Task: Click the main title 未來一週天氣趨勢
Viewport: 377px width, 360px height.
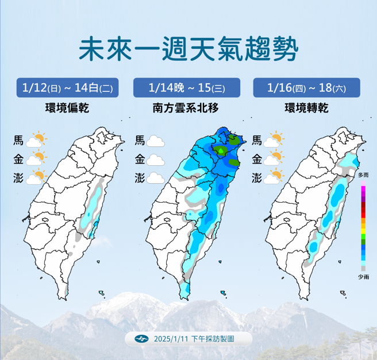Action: click(188, 50)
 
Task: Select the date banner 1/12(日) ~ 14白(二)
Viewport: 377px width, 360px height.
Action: click(67, 88)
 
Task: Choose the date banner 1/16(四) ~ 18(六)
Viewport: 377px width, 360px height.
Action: click(306, 88)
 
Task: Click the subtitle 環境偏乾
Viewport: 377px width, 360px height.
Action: click(67, 107)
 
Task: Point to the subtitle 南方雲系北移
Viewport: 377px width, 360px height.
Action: click(186, 107)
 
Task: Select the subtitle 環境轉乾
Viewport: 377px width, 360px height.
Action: click(306, 107)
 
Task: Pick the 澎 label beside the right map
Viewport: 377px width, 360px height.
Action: click(257, 178)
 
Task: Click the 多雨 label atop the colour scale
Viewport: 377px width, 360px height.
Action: click(363, 175)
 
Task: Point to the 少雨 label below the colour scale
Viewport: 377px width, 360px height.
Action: click(363, 277)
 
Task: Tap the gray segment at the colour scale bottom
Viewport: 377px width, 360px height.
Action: click(363, 268)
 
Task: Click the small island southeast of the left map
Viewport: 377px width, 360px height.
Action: click(102, 293)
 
